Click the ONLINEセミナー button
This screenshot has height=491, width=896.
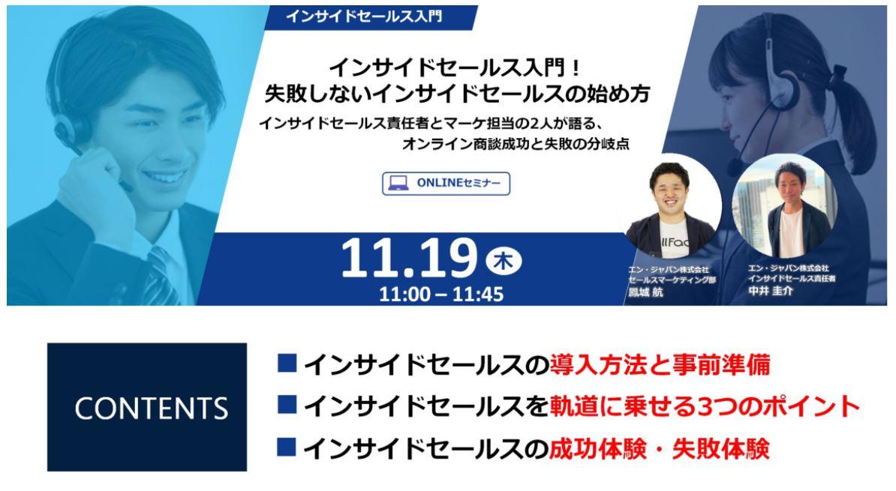tap(446, 183)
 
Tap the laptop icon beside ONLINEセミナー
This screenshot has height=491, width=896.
tap(398, 183)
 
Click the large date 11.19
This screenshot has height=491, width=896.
tap(408, 258)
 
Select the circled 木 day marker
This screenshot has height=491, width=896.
tap(503, 262)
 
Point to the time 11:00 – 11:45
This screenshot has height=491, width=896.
tap(441, 294)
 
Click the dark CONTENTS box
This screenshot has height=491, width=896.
tap(147, 407)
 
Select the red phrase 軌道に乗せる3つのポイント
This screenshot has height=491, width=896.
tap(705, 406)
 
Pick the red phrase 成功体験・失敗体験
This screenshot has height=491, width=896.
tap(660, 449)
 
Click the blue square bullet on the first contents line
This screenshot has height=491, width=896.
tap(287, 363)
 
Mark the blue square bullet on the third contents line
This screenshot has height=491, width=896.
tap(287, 447)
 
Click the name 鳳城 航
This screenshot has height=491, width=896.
tap(645, 292)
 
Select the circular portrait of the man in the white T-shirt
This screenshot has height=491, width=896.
tap(785, 205)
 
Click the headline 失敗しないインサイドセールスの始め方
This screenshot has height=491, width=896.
tap(457, 94)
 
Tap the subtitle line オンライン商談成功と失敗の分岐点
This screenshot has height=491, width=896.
tap(516, 144)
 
